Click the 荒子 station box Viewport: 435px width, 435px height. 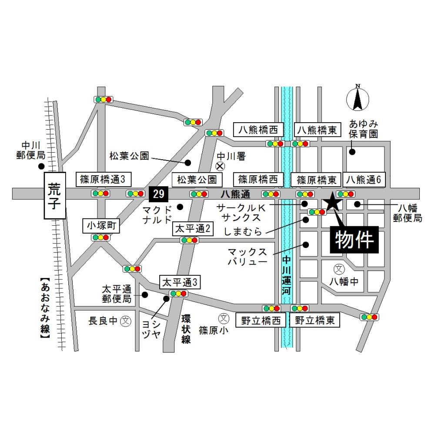(x=54, y=196)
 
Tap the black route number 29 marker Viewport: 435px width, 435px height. (x=159, y=194)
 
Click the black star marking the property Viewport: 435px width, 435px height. (x=332, y=201)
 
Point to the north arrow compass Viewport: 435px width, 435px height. (x=358, y=98)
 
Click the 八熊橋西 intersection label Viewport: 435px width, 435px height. (x=259, y=130)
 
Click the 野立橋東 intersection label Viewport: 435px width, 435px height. (x=315, y=321)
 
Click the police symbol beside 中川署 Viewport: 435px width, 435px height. (x=221, y=166)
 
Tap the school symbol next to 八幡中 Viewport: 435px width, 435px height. (x=338, y=269)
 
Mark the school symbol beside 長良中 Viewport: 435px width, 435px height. (x=126, y=321)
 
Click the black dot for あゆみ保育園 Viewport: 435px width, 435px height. (x=352, y=152)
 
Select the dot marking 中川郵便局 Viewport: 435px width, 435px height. (x=41, y=166)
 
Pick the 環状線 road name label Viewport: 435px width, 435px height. (x=186, y=329)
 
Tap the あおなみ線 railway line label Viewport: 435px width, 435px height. (x=45, y=308)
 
